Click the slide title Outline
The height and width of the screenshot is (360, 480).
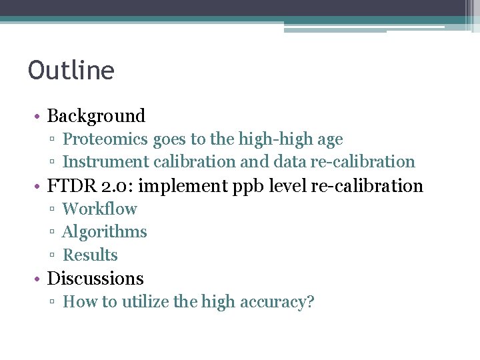tap(71, 70)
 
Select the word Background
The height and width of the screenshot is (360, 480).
tap(96, 116)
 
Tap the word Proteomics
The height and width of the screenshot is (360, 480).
tap(105, 139)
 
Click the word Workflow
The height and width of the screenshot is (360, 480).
tap(99, 209)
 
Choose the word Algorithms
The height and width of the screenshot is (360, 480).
tap(104, 232)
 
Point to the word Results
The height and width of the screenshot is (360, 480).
tap(90, 255)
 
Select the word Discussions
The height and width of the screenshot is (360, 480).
tap(95, 279)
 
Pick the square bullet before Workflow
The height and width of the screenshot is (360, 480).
tap(52, 209)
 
